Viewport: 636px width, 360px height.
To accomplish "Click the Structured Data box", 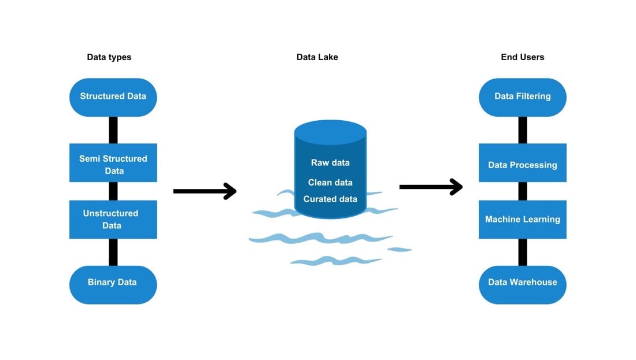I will (x=113, y=97).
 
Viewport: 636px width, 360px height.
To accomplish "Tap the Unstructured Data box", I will (x=113, y=220).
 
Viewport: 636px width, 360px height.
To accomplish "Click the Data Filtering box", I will (x=522, y=97).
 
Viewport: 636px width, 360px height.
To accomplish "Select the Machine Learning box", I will (x=522, y=220).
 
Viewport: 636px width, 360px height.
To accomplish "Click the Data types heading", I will (x=109, y=57).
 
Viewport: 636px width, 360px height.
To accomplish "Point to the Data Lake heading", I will (x=317, y=57).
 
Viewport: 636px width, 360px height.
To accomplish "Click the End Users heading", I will (x=522, y=57).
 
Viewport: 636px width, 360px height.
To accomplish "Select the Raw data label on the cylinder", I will (x=330, y=163).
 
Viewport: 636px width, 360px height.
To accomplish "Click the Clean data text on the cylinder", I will (x=330, y=183).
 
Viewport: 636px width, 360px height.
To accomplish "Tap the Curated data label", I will (x=330, y=199).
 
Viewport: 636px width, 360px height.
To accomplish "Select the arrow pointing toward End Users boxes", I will (x=430, y=187).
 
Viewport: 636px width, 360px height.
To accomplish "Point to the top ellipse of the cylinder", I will (x=330, y=132).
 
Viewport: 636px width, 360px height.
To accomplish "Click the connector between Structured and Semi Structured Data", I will (x=113, y=130).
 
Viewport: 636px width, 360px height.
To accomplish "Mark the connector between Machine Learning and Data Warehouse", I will (x=523, y=252).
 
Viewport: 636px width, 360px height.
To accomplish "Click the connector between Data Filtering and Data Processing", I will (x=523, y=130).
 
